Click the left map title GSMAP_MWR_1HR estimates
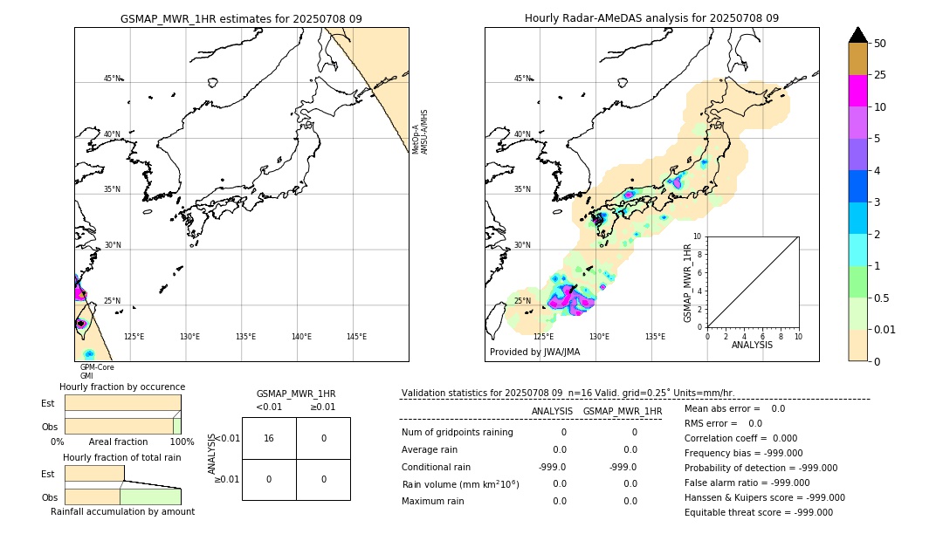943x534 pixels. coord(241,18)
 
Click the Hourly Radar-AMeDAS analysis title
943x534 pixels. coord(651,18)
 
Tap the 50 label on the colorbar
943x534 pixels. coord(880,44)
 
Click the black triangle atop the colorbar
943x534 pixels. coord(858,35)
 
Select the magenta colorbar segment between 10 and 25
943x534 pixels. coord(858,91)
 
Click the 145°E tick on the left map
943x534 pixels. coord(356,337)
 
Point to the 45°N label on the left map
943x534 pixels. coord(113,79)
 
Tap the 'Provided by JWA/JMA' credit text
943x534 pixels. coord(534,353)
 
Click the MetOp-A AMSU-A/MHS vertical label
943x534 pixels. coord(419,132)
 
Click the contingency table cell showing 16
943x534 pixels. coord(269,438)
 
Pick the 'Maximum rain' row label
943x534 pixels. coord(433,502)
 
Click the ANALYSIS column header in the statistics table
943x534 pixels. coord(552,411)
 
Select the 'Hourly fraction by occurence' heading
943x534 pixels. coord(122,387)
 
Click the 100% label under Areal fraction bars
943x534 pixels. coord(182,442)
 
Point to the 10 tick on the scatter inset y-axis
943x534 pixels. coord(697,236)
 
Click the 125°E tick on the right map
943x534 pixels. coord(543,337)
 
